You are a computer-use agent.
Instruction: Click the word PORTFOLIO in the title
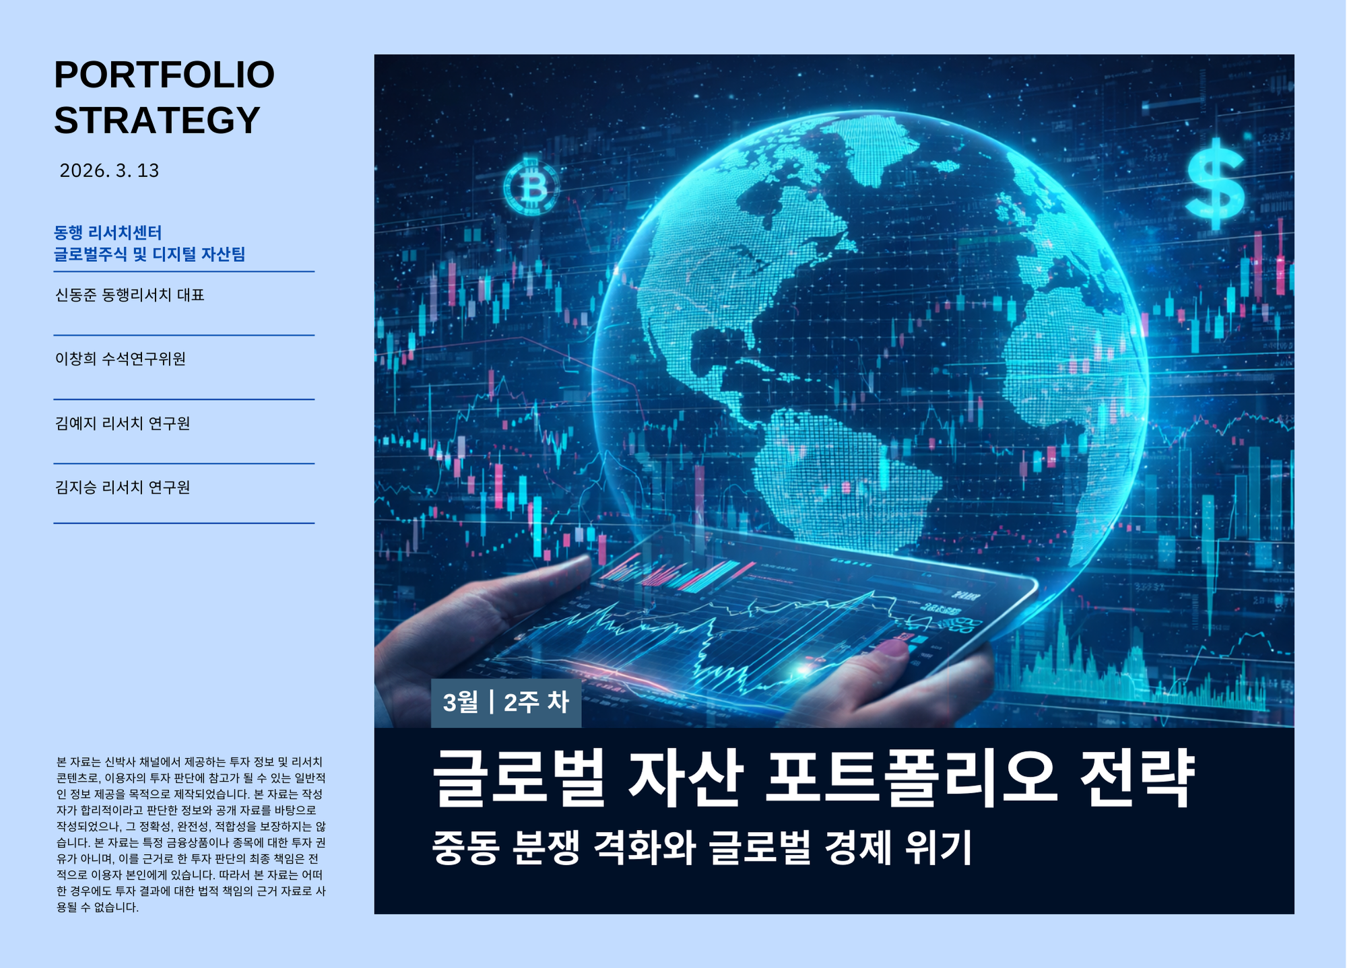pyautogui.click(x=164, y=75)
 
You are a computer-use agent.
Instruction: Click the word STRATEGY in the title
pyautogui.click(x=157, y=120)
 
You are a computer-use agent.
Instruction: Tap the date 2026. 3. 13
pyautogui.click(x=109, y=171)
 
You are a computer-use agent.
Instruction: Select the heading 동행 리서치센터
pyautogui.click(x=108, y=233)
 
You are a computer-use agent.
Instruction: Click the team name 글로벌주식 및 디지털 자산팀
pyautogui.click(x=150, y=254)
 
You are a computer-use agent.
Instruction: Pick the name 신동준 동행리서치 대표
pyautogui.click(x=129, y=295)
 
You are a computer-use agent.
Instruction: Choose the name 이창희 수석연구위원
pyautogui.click(x=121, y=359)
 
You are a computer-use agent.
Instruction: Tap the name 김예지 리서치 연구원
pyautogui.click(x=123, y=423)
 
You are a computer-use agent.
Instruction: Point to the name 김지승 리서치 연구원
pyautogui.click(x=123, y=487)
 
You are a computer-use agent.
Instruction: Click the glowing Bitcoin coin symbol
pyautogui.click(x=531, y=186)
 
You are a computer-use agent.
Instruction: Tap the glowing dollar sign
pyautogui.click(x=1216, y=183)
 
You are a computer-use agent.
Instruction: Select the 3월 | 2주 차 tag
pyautogui.click(x=506, y=703)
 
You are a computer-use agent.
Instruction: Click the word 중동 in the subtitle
pyautogui.click(x=465, y=848)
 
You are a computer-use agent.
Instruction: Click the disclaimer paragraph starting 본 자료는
pyautogui.click(x=191, y=835)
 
